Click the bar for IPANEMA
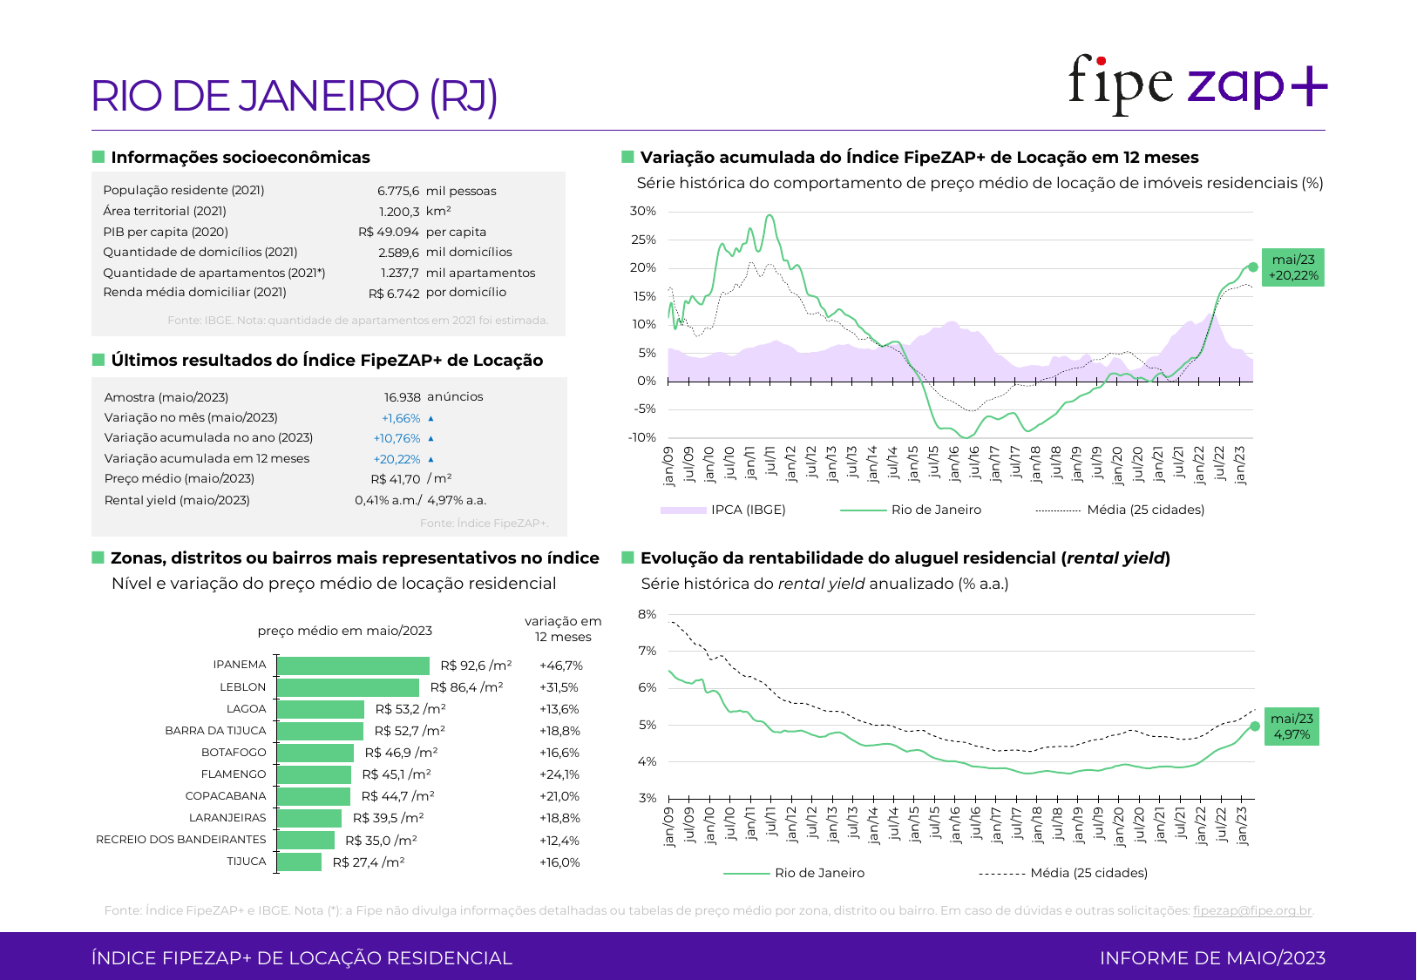click(x=353, y=666)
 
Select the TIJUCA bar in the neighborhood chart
click(x=300, y=862)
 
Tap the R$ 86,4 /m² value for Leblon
click(x=466, y=687)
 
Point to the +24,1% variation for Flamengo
click(x=559, y=774)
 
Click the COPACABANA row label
click(x=226, y=796)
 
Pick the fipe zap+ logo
click(x=1197, y=84)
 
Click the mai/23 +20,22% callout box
click(x=1293, y=267)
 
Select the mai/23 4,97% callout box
click(x=1292, y=727)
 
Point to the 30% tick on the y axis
click(x=643, y=212)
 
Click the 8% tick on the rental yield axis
click(x=647, y=614)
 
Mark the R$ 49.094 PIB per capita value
click(x=389, y=232)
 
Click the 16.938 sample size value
click(x=403, y=397)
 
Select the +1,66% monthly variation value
click(x=401, y=418)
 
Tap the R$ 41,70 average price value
click(x=396, y=479)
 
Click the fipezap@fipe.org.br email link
click(x=1252, y=910)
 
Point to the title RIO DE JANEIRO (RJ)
click(x=295, y=96)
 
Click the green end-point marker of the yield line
click(x=1255, y=726)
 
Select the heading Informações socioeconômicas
click(x=241, y=158)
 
